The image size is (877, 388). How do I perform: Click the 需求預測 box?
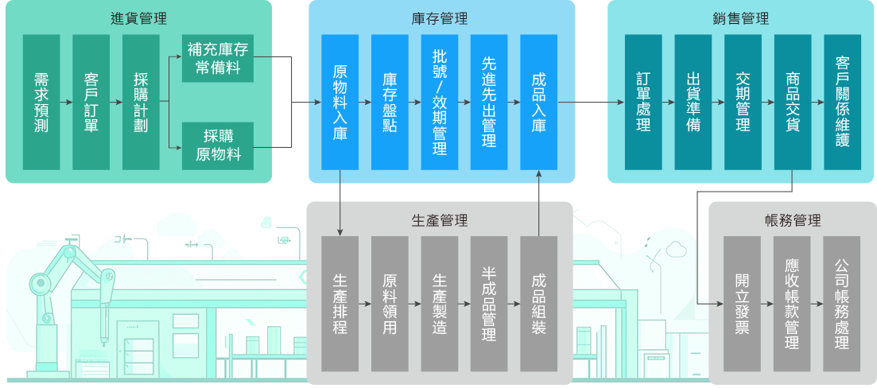click(x=41, y=102)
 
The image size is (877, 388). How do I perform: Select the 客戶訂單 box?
click(x=91, y=102)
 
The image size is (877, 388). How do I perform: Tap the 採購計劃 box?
click(x=141, y=102)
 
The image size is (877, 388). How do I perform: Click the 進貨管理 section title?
click(x=139, y=17)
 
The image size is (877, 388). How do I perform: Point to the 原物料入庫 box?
click(x=340, y=102)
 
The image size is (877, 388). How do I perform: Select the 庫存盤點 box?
click(x=390, y=102)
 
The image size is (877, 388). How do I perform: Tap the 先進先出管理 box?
click(x=489, y=102)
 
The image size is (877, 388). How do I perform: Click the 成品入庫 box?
click(x=539, y=102)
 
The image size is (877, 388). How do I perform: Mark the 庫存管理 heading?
click(x=440, y=17)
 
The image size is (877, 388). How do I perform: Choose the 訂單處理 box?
click(x=643, y=102)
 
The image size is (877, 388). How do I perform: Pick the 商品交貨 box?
click(x=792, y=102)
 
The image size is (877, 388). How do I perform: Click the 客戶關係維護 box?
click(x=842, y=102)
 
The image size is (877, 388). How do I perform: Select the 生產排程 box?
click(x=340, y=304)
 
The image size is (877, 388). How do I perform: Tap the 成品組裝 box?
click(x=539, y=304)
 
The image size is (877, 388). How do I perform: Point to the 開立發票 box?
click(x=742, y=304)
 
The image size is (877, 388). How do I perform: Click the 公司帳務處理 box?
click(x=842, y=304)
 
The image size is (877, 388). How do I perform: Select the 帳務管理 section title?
click(x=792, y=220)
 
